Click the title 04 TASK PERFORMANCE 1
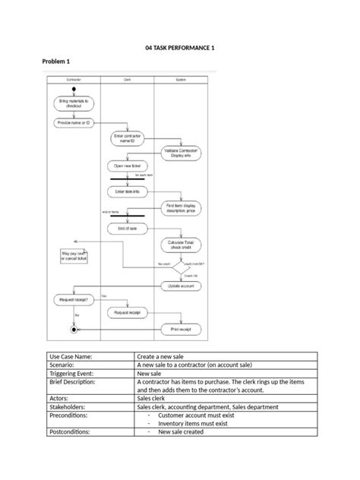point(180,48)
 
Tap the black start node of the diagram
point(73,89)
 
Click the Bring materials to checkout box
point(73,103)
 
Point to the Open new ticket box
point(127,166)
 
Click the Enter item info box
point(127,192)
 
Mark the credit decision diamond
point(181,267)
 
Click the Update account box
point(181,286)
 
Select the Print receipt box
point(181,329)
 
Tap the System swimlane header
point(180,79)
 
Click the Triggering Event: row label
point(72,374)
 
